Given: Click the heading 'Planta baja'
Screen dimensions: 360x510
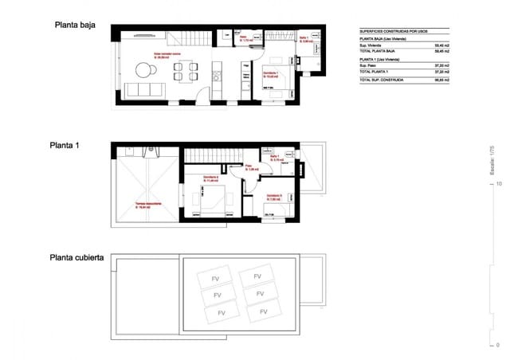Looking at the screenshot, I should tap(75, 25).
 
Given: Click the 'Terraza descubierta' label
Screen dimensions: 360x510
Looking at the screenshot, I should tap(147, 204).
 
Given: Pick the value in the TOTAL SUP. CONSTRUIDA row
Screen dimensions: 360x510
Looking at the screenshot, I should tap(440, 81).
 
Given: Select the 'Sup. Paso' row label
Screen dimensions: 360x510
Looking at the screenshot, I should tap(369, 66).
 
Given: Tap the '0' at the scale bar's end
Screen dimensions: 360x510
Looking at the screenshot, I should tap(498, 346).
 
